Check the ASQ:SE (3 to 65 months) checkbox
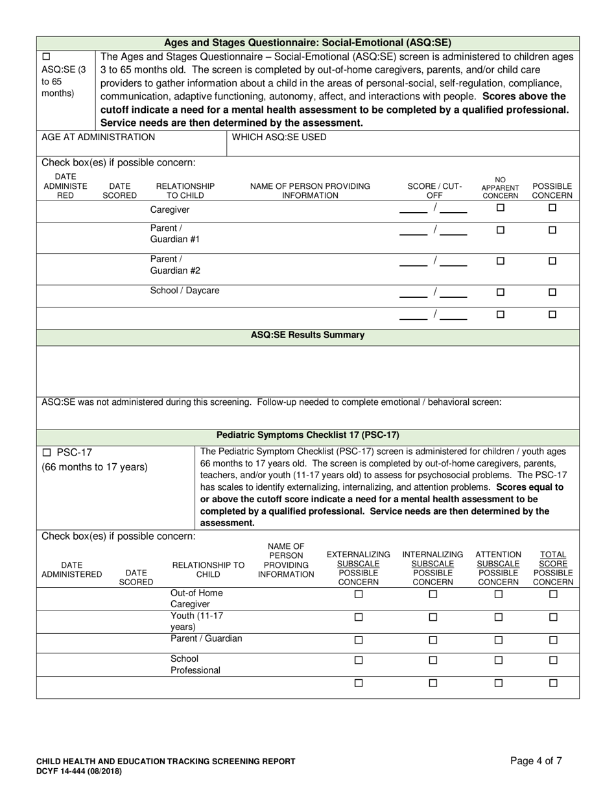pyautogui.click(x=45, y=56)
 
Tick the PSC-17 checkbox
pyautogui.click(x=46, y=452)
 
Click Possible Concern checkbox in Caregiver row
pyautogui.click(x=552, y=208)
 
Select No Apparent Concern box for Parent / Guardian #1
pyautogui.click(x=500, y=230)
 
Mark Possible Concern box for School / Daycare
pyautogui.click(x=552, y=293)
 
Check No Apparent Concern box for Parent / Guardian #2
pyautogui.click(x=500, y=261)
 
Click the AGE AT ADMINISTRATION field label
pyautogui.click(x=98, y=137)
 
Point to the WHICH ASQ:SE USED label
pyautogui.click(x=279, y=137)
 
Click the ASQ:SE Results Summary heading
pyautogui.click(x=307, y=335)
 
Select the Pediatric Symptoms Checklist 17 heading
pyautogui.click(x=307, y=435)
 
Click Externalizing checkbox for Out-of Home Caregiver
pyautogui.click(x=359, y=594)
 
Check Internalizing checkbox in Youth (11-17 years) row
pyautogui.click(x=433, y=617)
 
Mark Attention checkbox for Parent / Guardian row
pyautogui.click(x=498, y=640)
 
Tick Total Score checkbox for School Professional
pyautogui.click(x=553, y=660)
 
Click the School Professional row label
pyautogui.click(x=195, y=664)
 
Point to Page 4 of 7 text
pyautogui.click(x=536, y=762)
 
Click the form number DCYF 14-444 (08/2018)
pyautogui.click(x=78, y=771)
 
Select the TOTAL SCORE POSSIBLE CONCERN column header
pyautogui.click(x=553, y=568)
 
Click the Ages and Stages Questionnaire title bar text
pyautogui.click(x=307, y=43)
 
